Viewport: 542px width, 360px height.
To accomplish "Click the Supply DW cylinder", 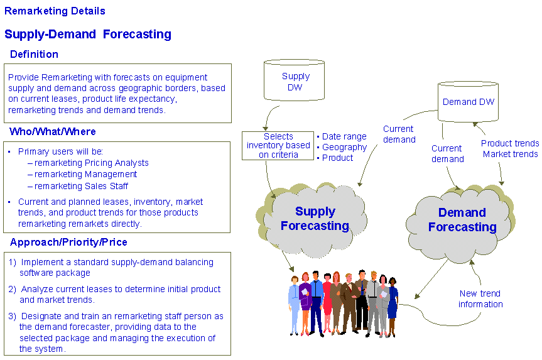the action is click(294, 80).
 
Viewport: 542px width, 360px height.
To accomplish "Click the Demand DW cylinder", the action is click(468, 102).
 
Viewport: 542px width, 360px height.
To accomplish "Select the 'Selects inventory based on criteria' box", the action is click(278, 146).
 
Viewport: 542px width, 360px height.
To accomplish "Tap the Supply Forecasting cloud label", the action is click(315, 219).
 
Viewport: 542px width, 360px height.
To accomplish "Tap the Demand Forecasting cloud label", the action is click(462, 220).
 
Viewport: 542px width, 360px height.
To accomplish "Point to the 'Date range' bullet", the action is click(342, 136).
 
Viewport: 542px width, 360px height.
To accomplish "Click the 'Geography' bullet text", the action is click(342, 147).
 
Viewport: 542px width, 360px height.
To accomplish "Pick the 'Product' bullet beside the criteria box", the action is click(335, 158).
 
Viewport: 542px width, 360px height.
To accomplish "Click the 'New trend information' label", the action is click(480, 299).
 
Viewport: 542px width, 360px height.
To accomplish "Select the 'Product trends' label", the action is click(510, 143).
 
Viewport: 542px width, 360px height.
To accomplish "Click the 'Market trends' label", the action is click(510, 154).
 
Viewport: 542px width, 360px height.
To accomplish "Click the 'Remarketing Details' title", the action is click(55, 11).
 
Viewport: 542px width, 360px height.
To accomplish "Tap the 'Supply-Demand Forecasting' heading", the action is click(88, 34).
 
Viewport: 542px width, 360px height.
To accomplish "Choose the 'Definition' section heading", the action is click(34, 54).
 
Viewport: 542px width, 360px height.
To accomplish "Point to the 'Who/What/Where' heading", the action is click(53, 131).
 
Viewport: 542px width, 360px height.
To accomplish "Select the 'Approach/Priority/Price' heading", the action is click(68, 242).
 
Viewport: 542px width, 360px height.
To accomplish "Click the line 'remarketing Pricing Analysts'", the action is click(88, 163).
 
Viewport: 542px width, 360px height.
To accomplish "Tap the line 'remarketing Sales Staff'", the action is click(78, 186).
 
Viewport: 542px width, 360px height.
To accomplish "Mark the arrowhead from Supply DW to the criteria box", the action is click(266, 128).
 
